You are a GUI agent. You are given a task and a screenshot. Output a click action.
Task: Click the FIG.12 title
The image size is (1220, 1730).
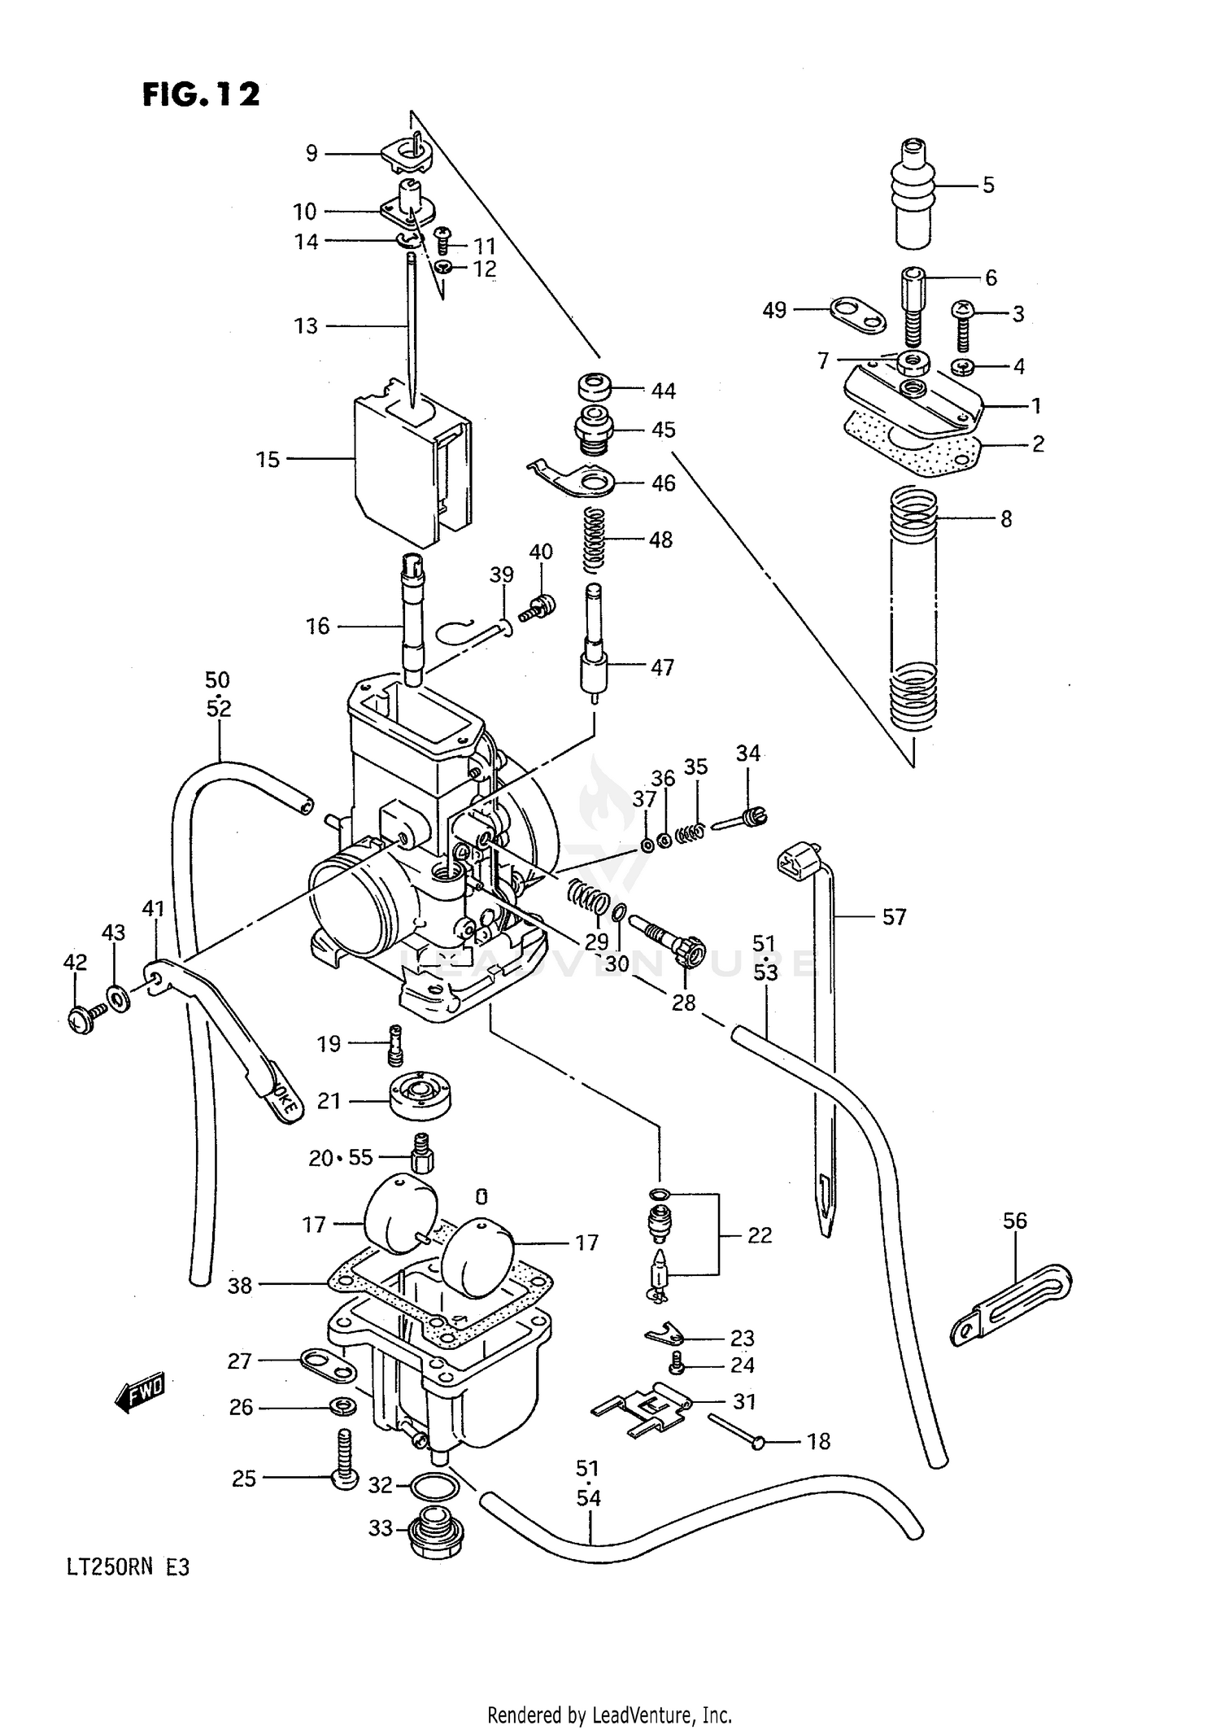(201, 94)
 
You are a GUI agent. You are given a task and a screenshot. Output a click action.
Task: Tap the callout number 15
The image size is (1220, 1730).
(268, 460)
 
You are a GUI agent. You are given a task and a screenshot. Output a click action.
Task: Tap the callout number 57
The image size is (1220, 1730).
(894, 917)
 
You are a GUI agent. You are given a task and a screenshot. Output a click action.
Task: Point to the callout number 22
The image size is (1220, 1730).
(759, 1235)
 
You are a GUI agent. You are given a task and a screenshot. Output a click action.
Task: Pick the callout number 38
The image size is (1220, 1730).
(240, 1286)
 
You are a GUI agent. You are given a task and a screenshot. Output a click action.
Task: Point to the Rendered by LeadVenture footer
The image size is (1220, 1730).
(609, 1715)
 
